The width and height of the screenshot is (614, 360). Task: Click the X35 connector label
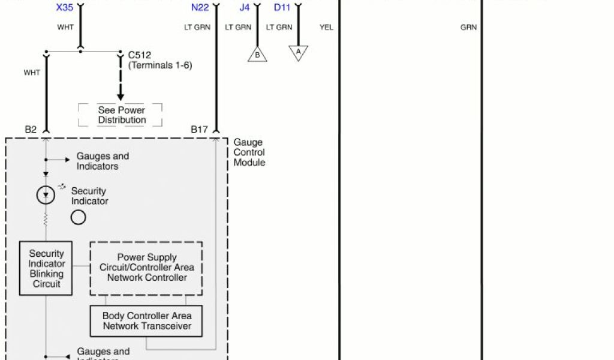click(x=65, y=8)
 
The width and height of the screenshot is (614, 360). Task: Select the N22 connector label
click(x=200, y=8)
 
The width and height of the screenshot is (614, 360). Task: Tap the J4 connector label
click(x=244, y=8)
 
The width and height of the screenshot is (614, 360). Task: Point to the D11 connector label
click(x=282, y=8)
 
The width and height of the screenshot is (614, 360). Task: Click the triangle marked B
click(x=257, y=55)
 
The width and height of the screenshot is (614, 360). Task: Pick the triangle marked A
click(x=298, y=52)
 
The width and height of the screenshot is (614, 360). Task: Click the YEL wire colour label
click(x=327, y=27)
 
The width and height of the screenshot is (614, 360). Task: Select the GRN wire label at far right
click(x=468, y=27)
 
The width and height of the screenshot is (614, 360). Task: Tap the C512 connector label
click(x=140, y=55)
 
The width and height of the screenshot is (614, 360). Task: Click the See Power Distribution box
click(x=121, y=115)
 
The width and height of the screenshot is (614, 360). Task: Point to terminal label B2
click(x=31, y=129)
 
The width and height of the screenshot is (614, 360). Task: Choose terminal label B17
click(x=200, y=129)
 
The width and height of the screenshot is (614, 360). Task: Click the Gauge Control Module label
click(x=249, y=152)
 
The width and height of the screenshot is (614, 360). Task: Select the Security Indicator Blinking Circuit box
click(x=46, y=268)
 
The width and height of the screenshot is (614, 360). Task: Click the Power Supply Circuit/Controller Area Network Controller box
click(x=146, y=268)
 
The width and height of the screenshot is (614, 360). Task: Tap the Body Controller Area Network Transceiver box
click(x=146, y=321)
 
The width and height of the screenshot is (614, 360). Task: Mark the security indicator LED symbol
click(x=46, y=195)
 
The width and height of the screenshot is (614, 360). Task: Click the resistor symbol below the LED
click(x=46, y=220)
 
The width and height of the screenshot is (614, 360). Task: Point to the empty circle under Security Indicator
click(x=79, y=217)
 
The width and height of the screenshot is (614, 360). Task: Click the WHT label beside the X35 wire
click(x=65, y=27)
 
